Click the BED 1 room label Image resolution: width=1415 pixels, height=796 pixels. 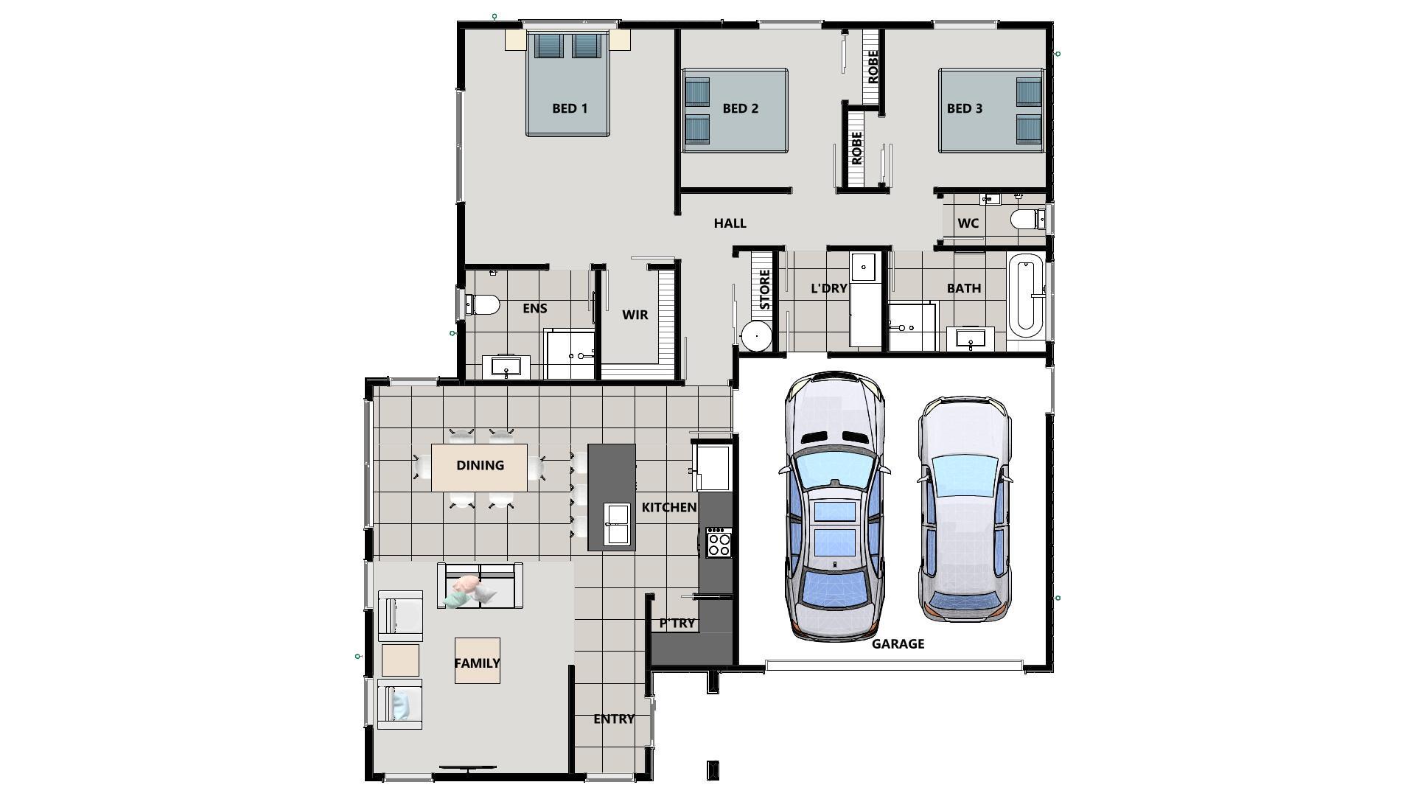[570, 108]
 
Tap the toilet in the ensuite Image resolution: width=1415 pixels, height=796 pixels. [484, 304]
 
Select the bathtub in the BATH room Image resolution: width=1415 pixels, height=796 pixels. [1024, 295]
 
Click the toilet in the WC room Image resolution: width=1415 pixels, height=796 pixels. [1025, 220]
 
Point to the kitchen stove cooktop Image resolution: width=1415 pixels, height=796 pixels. [719, 542]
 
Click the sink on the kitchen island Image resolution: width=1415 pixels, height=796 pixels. [616, 523]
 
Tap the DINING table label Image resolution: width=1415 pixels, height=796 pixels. [480, 465]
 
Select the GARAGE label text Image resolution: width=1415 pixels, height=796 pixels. [898, 643]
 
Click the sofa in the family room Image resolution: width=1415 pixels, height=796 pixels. [480, 586]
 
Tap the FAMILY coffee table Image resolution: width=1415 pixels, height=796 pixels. [477, 661]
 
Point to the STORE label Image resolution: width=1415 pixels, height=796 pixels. [764, 289]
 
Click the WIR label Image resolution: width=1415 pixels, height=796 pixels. [635, 315]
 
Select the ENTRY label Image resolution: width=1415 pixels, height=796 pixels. [613, 719]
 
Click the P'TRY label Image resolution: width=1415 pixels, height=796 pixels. [677, 623]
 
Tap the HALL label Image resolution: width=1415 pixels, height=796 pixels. [730, 223]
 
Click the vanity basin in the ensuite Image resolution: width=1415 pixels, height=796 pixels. [506, 366]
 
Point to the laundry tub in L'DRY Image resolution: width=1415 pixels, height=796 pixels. [863, 267]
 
